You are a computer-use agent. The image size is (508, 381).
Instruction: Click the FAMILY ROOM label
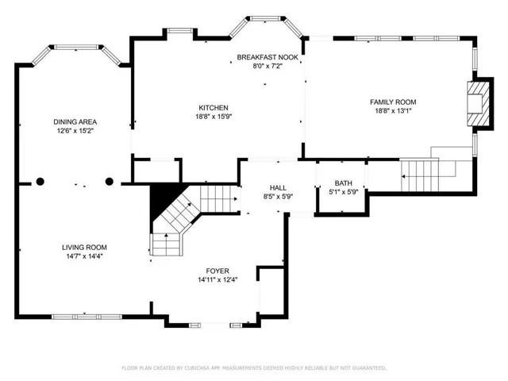click(393, 102)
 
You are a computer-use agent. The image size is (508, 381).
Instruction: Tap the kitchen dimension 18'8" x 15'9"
click(214, 117)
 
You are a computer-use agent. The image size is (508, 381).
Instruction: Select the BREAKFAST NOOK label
click(267, 57)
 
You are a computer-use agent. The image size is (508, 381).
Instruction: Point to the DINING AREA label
click(75, 121)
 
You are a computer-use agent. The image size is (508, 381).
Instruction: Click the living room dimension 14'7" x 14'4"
click(85, 256)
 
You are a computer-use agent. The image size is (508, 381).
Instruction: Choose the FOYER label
click(217, 271)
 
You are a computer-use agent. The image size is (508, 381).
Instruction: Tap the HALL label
click(278, 188)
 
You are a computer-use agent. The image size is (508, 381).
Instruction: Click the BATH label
click(344, 183)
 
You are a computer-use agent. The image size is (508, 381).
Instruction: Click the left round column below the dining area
click(40, 182)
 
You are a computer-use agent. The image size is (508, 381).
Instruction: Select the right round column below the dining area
click(110, 182)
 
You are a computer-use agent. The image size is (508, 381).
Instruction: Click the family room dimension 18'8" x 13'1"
click(393, 111)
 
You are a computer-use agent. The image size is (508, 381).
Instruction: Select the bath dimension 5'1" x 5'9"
click(344, 192)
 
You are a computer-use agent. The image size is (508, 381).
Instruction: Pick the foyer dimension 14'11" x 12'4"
click(217, 279)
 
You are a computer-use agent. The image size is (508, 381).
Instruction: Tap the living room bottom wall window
click(87, 317)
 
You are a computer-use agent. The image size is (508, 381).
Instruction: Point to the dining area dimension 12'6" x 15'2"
click(75, 131)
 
